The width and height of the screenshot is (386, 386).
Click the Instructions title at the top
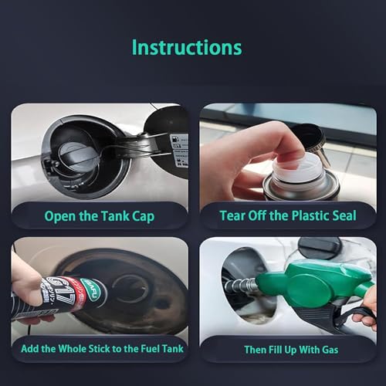(186, 46)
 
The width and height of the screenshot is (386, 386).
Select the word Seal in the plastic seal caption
(340, 216)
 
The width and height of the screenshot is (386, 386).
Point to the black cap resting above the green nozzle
(319, 248)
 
